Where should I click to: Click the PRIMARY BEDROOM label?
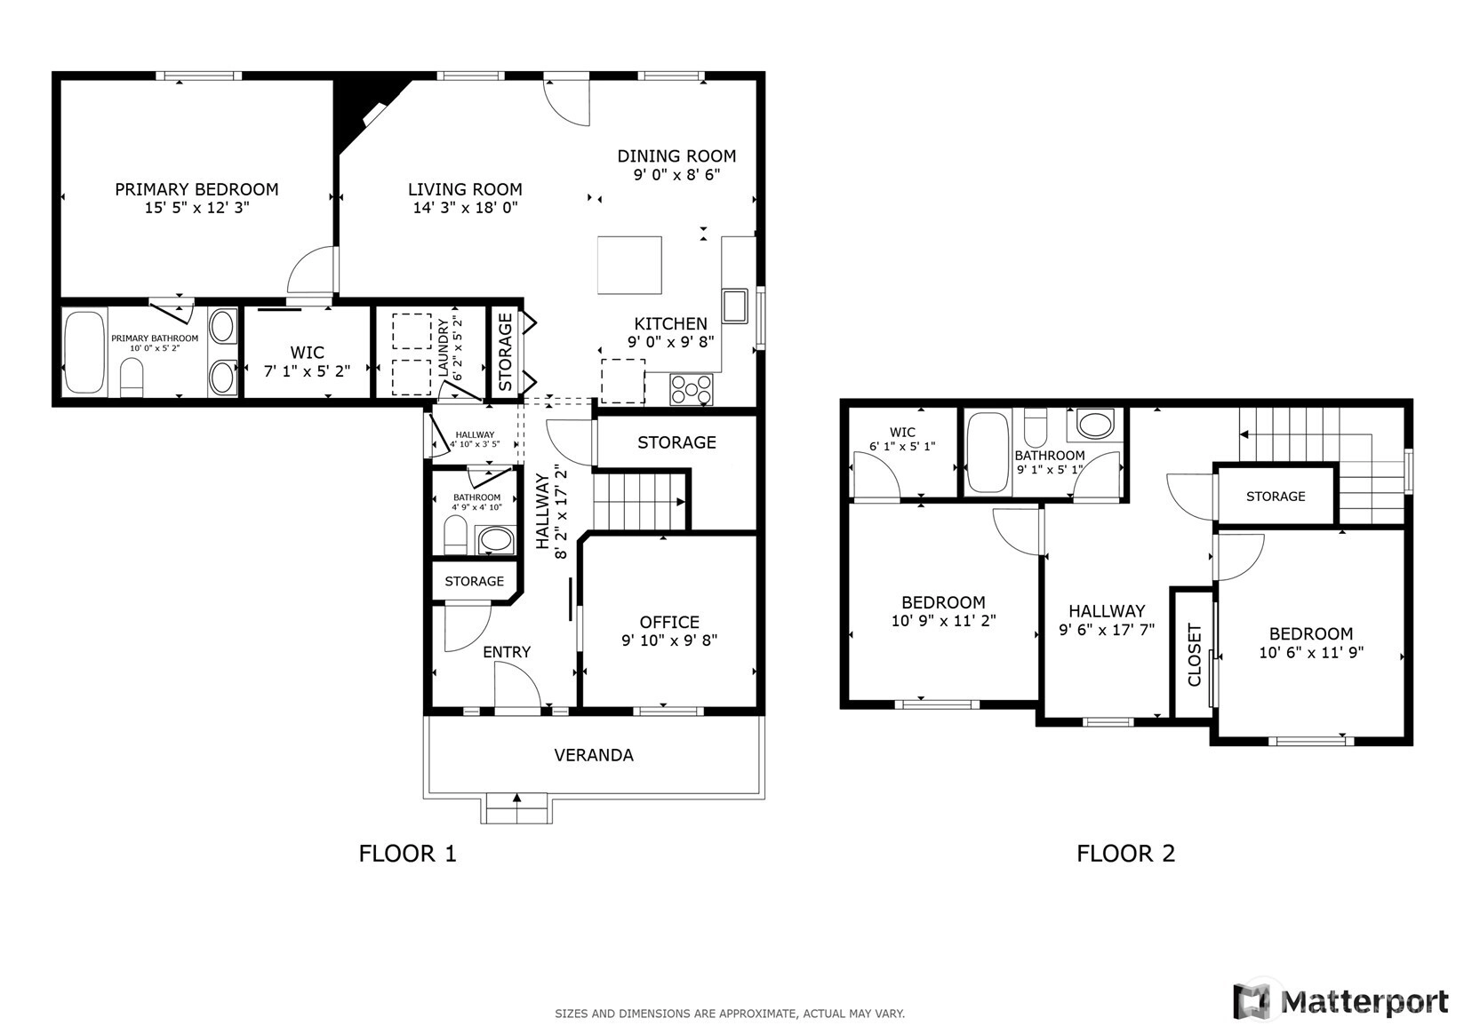click(x=196, y=189)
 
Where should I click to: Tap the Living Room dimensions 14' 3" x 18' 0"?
click(x=466, y=208)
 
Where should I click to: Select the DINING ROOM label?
click(x=676, y=156)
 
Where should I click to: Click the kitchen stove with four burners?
click(x=692, y=389)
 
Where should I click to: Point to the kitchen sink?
click(x=735, y=306)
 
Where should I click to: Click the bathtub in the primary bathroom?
click(x=85, y=352)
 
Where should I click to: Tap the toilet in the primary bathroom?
click(x=132, y=377)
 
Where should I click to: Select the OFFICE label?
click(x=669, y=622)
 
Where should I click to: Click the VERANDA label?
click(x=594, y=755)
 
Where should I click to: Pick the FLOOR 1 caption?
click(x=407, y=853)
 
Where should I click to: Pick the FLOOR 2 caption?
click(x=1125, y=853)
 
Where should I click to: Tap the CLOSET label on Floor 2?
click(x=1194, y=655)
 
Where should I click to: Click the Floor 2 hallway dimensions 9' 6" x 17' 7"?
click(x=1107, y=629)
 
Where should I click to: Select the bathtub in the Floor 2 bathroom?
click(x=988, y=452)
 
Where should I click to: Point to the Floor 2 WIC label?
click(x=902, y=432)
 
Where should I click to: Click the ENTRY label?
click(x=507, y=652)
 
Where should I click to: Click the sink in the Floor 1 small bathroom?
click(x=495, y=539)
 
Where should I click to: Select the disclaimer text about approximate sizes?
click(x=730, y=1014)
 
